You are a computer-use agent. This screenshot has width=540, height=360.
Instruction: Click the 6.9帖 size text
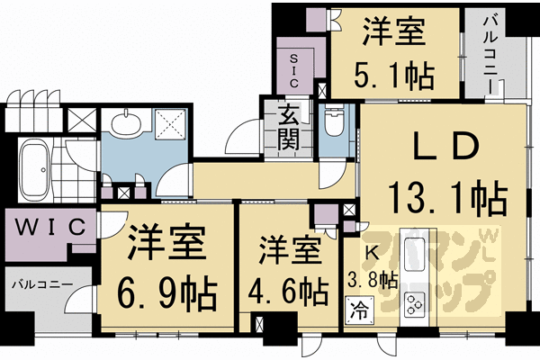point(168,290)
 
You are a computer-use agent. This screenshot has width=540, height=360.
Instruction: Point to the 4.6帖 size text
point(286,290)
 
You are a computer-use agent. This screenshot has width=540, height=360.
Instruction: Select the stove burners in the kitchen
point(416,308)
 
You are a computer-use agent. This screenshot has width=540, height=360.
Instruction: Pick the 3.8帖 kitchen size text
point(372,279)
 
